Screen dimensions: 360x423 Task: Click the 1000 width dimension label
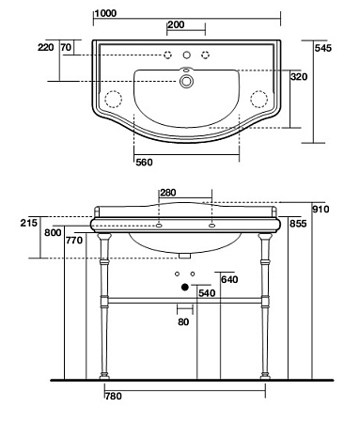click(105, 13)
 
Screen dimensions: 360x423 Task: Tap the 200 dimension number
click(176, 24)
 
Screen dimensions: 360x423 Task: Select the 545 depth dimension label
click(323, 48)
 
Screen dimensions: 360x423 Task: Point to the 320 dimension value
click(299, 77)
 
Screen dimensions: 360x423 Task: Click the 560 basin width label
click(145, 163)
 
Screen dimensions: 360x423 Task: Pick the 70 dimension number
click(66, 47)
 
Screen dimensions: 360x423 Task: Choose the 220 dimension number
click(46, 47)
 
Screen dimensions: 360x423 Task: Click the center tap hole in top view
click(187, 55)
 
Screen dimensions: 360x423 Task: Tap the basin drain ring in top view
click(186, 82)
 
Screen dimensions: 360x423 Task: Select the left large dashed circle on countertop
click(113, 99)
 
